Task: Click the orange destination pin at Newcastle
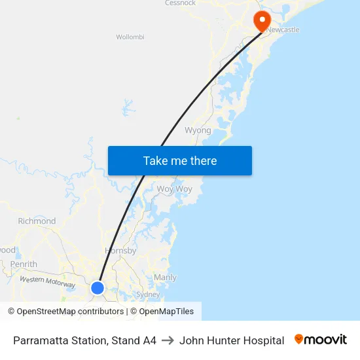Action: click(x=262, y=20)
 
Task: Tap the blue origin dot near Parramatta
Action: click(x=98, y=287)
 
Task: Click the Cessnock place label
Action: click(x=180, y=3)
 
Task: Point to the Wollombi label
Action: click(x=130, y=37)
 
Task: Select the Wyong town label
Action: click(x=198, y=130)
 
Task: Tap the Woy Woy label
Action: click(x=174, y=189)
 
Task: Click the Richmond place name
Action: click(x=37, y=221)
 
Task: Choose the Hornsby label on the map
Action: click(x=120, y=251)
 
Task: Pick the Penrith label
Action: click(x=24, y=264)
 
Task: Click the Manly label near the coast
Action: click(x=165, y=278)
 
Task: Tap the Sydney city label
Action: click(x=148, y=295)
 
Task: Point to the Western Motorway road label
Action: click(x=48, y=282)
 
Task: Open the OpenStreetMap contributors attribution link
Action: click(x=70, y=312)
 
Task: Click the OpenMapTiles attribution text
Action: click(x=166, y=312)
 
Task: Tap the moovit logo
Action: click(x=321, y=340)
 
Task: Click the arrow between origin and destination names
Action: click(x=168, y=340)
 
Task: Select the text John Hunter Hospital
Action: click(x=232, y=340)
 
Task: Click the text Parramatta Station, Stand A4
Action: click(x=84, y=340)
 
